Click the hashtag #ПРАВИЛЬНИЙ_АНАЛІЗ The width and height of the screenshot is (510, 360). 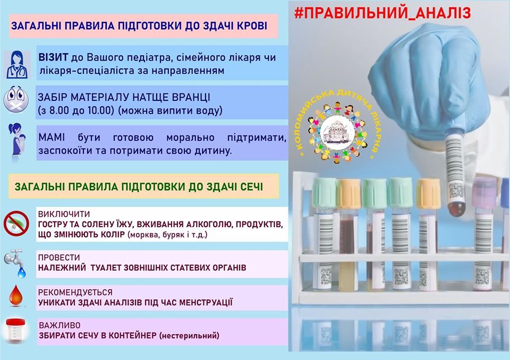click(382, 13)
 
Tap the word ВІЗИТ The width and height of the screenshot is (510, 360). click(53, 57)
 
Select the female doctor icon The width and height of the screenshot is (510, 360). click(17, 65)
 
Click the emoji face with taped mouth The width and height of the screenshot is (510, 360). click(16, 99)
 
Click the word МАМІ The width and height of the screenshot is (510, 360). click(52, 137)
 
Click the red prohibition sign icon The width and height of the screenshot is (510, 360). click(16, 224)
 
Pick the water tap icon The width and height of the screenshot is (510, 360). click(15, 263)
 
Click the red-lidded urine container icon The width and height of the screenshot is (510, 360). click(15, 331)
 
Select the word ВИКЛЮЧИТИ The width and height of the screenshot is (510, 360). click(64, 214)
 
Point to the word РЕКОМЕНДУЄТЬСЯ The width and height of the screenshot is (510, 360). click(75, 293)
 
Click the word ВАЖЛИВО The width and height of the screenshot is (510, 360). click(59, 325)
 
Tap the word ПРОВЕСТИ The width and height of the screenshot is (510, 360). click(59, 258)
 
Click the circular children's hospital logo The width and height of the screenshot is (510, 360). click(337, 125)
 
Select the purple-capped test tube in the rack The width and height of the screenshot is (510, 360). click(484, 233)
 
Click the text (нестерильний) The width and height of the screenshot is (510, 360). click(189, 335)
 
